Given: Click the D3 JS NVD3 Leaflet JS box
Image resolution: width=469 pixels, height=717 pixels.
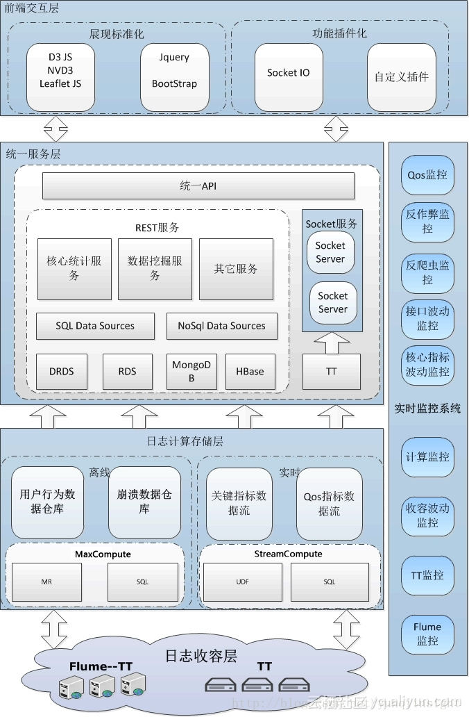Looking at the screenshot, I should click(60, 77).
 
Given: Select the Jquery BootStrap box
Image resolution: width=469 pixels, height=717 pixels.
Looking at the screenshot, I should click(174, 77).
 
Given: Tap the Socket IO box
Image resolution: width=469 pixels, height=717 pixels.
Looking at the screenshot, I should click(289, 77).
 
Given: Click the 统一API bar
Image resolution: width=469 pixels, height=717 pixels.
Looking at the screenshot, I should click(198, 186).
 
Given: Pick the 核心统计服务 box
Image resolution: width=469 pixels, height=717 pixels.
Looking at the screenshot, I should click(74, 269).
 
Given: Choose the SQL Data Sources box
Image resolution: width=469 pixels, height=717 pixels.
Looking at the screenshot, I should click(95, 326).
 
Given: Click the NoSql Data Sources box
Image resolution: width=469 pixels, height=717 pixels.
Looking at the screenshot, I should click(221, 326).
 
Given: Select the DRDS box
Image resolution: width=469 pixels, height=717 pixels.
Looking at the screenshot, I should click(61, 372).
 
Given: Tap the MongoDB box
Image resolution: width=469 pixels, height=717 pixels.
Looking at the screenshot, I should click(191, 372).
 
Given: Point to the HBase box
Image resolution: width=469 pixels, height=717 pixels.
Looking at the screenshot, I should click(250, 372).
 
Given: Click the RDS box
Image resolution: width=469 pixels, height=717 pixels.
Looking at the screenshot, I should click(127, 372).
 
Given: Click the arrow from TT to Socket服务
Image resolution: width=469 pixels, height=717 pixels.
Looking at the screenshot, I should click(332, 343).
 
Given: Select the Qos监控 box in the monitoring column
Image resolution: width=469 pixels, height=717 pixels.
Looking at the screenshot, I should click(427, 175).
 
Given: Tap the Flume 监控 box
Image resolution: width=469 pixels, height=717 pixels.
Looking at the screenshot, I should click(427, 634).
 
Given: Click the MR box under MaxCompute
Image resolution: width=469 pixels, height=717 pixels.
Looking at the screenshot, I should click(46, 582).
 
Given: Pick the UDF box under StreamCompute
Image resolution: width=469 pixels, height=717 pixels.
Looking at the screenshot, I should click(242, 582).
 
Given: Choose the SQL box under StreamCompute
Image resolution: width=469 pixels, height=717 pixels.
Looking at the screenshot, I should click(329, 582).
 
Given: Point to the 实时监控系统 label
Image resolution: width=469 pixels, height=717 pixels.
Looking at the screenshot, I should click(427, 409).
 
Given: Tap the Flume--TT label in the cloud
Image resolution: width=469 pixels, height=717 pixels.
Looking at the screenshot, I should click(101, 666).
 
